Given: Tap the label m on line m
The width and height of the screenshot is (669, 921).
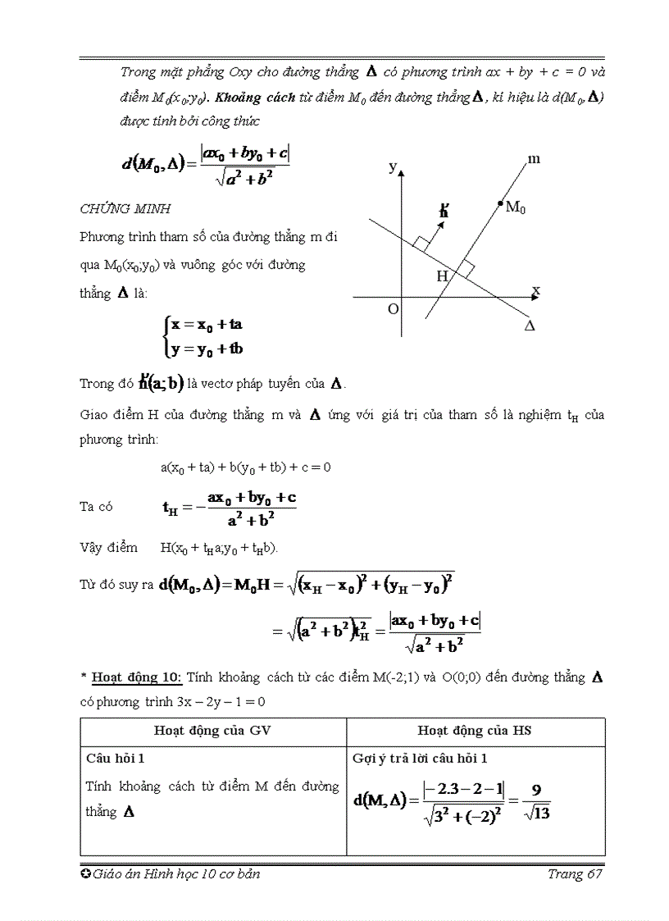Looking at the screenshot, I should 534,159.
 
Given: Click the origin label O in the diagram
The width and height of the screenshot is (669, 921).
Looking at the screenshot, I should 393,309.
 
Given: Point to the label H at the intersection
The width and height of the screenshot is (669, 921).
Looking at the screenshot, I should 442,276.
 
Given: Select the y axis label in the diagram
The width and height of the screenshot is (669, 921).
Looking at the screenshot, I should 393,166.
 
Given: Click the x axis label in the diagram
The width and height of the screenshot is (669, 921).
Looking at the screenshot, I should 535,290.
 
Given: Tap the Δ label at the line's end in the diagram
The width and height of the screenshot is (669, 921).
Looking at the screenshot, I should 530,326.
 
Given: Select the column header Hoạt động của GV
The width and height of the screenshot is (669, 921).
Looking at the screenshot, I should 212,731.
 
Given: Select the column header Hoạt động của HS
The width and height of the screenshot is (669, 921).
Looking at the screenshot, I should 475,731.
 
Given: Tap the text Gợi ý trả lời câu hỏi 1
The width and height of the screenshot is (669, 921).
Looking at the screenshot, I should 420,758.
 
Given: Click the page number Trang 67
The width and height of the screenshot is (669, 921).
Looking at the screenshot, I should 576,874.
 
